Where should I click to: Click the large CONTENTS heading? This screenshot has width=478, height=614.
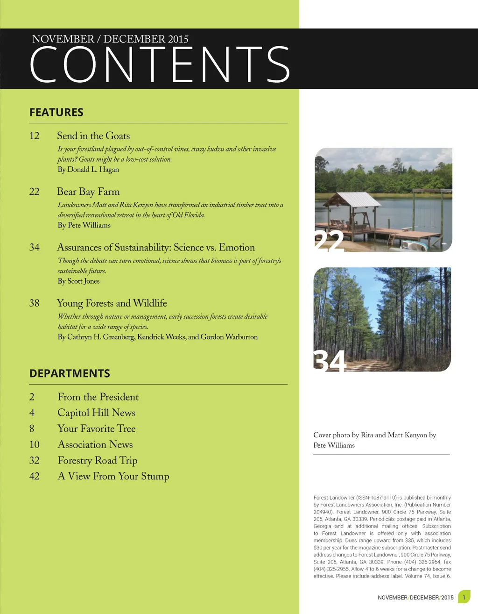[160, 64]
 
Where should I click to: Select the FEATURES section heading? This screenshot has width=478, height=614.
[56, 113]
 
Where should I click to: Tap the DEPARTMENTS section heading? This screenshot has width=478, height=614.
[70, 373]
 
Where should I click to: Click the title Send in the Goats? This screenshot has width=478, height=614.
[93, 136]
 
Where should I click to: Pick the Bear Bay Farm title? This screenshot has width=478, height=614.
[88, 192]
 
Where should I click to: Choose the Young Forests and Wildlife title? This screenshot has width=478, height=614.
[112, 303]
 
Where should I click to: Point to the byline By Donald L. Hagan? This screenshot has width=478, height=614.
[88, 170]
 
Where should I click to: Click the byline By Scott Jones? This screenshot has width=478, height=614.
[78, 281]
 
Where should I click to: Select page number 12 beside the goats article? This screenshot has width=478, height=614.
[34, 136]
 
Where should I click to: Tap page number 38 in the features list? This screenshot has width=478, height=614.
[34, 303]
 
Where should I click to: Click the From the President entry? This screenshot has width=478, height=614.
[98, 397]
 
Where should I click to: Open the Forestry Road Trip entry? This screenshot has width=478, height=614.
[98, 461]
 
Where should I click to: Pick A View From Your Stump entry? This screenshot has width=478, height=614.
[113, 477]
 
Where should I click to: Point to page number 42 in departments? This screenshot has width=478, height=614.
[34, 477]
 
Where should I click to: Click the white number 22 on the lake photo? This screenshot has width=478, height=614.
[329, 241]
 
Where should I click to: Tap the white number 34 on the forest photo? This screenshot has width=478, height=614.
[330, 361]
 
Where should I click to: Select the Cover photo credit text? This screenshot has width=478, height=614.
[374, 440]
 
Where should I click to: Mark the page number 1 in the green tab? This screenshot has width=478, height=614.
[464, 597]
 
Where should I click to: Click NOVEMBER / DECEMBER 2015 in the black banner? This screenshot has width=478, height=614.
[110, 39]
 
